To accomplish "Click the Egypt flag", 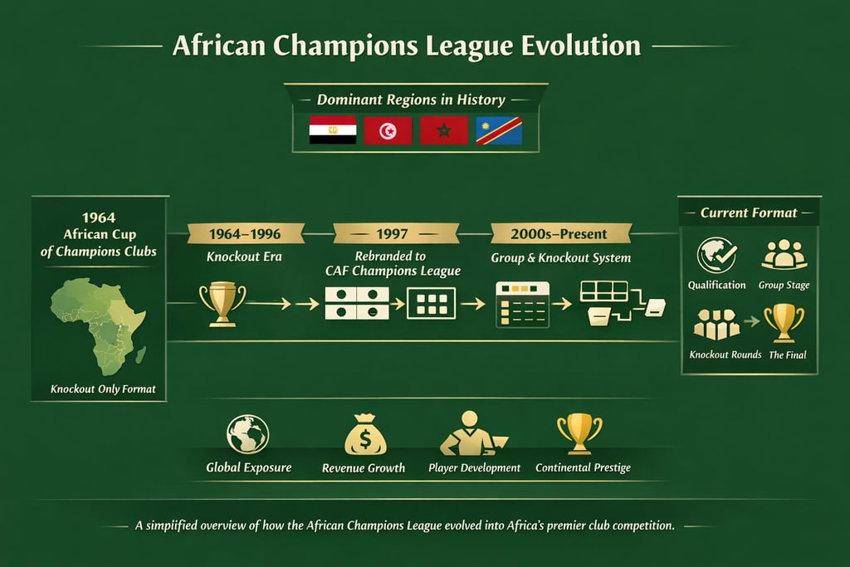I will coord(332,130).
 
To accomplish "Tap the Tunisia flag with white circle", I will coord(388,130).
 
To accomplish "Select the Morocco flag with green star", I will coord(444,130).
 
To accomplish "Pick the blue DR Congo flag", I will coord(499,130).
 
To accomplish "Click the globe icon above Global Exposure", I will coord(248,434).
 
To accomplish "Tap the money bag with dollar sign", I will coord(364,433).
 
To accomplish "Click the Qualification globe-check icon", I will coord(716,256).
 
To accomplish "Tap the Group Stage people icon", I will coord(783,255).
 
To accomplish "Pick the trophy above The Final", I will coord(784,322).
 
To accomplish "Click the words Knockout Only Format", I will coord(103,389).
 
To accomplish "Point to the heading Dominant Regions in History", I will coord(411,100).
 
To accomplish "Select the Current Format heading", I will coord(749,213).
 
